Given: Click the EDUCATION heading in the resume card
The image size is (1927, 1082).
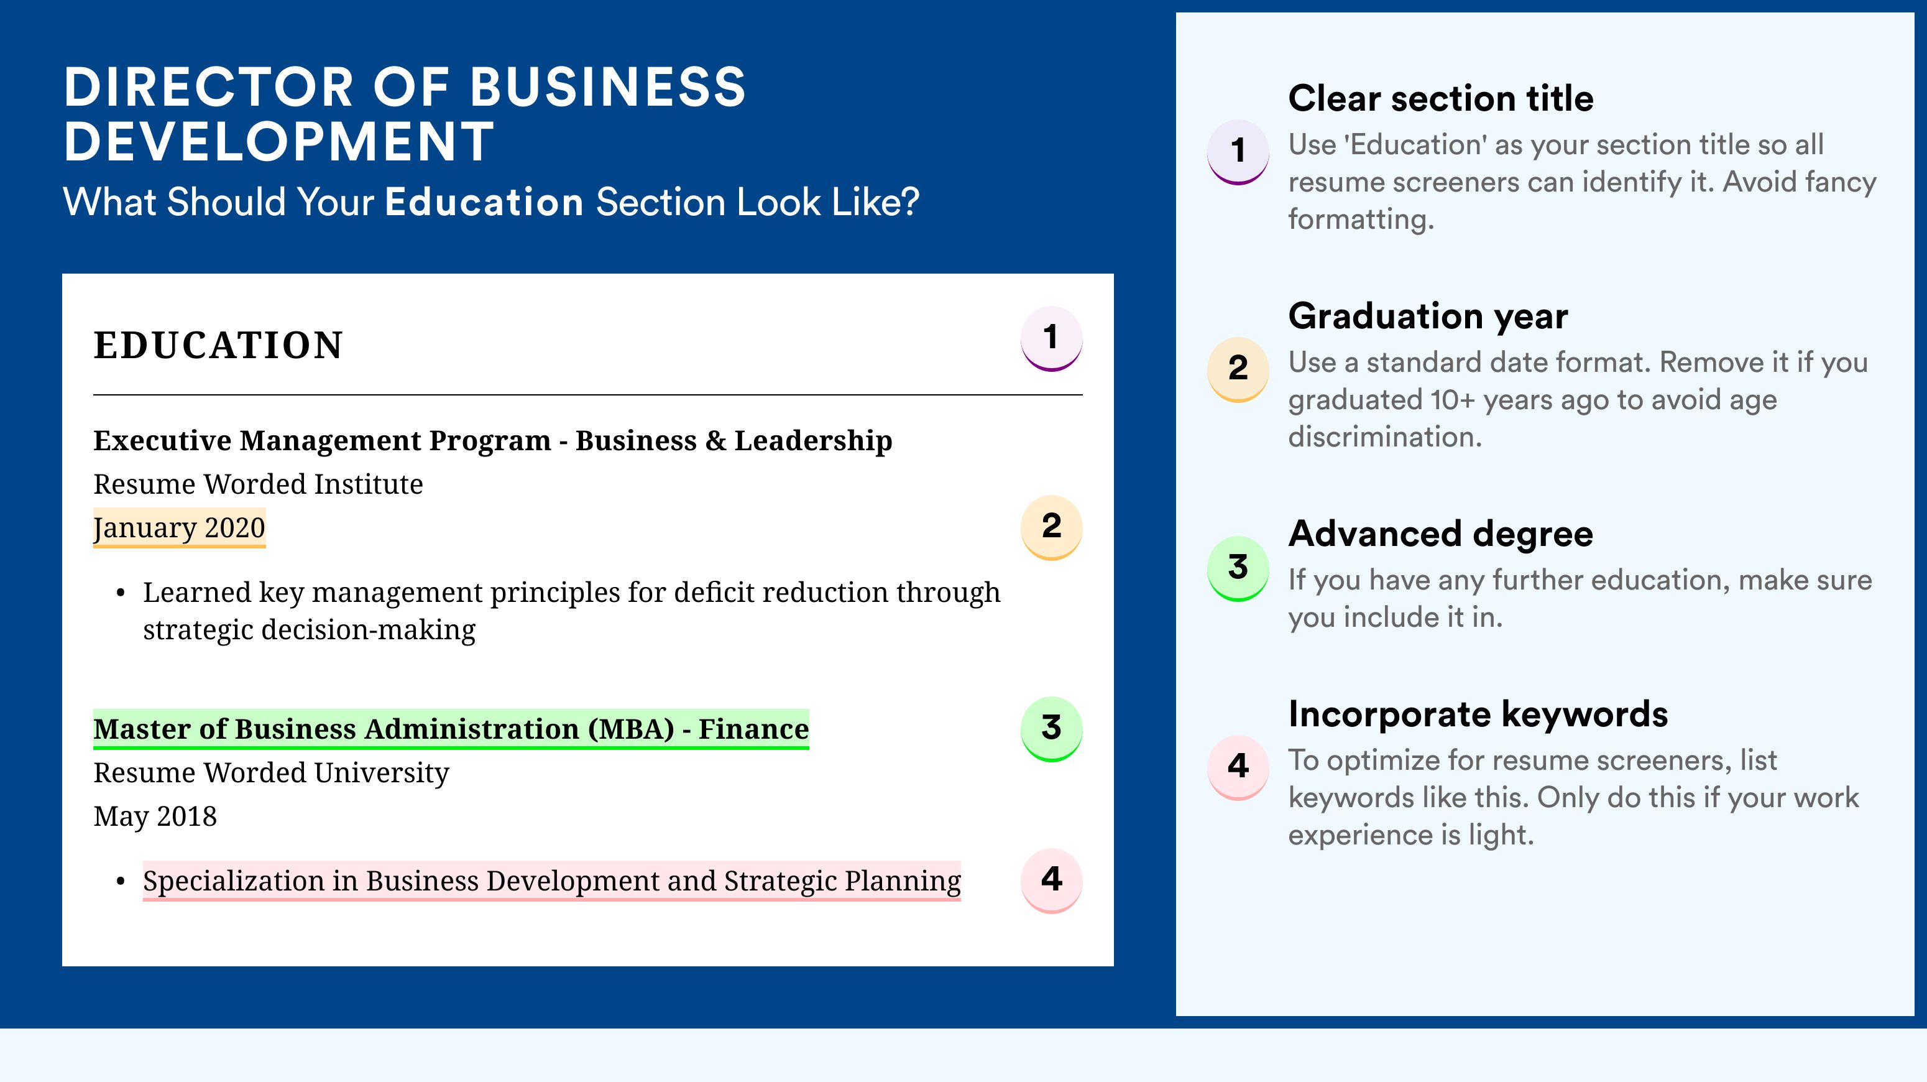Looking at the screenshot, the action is pyautogui.click(x=218, y=345).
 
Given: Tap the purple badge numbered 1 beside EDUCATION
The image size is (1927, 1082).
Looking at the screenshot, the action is pyautogui.click(x=1051, y=338).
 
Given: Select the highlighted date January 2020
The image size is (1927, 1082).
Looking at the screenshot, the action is pyautogui.click(x=180, y=527).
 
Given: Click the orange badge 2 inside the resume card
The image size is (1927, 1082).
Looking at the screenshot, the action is pyautogui.click(x=1051, y=527).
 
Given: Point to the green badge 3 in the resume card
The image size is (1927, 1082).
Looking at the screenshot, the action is pyautogui.click(x=1051, y=729).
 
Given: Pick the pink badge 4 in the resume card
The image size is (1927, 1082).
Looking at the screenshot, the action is pyautogui.click(x=1051, y=880).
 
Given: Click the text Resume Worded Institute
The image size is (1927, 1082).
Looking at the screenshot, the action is pyautogui.click(x=258, y=484).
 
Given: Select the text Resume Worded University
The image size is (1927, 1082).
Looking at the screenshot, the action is pyautogui.click(x=271, y=773).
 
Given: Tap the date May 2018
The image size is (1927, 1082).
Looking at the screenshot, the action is pyautogui.click(x=155, y=816).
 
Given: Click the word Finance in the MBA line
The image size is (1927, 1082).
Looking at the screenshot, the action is pyautogui.click(x=753, y=729).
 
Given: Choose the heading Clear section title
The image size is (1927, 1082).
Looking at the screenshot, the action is pyautogui.click(x=1441, y=98).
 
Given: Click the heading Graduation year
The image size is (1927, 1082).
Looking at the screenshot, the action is pyautogui.click(x=1428, y=316).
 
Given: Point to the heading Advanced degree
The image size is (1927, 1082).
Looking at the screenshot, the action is pyautogui.click(x=1441, y=534).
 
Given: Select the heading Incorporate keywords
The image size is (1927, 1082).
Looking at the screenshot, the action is pyautogui.click(x=1478, y=714).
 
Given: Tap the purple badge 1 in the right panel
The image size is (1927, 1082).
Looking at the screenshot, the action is pyautogui.click(x=1238, y=152).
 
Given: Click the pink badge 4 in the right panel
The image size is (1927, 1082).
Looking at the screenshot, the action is pyautogui.click(x=1238, y=767).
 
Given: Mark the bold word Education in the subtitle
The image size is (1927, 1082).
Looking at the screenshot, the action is pyautogui.click(x=484, y=202).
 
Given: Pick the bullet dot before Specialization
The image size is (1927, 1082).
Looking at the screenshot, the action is pyautogui.click(x=121, y=882).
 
